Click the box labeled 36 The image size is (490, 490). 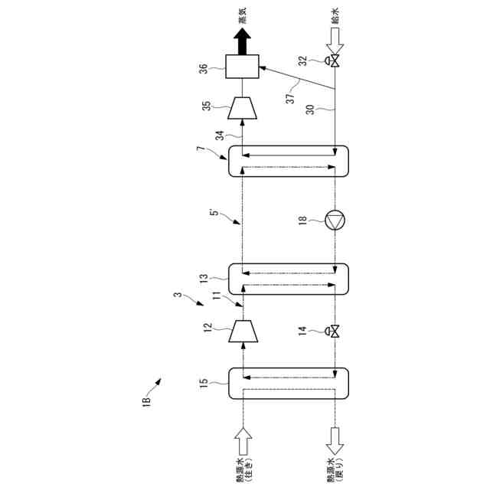[241, 67]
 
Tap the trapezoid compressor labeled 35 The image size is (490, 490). [241, 108]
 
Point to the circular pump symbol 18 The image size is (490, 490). [335, 220]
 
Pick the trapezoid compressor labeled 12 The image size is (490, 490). [241, 332]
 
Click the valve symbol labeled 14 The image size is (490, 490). [335, 332]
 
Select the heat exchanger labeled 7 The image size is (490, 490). [288, 162]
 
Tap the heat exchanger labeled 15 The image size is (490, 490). [288, 384]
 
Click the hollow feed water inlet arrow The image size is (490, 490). [335, 34]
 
